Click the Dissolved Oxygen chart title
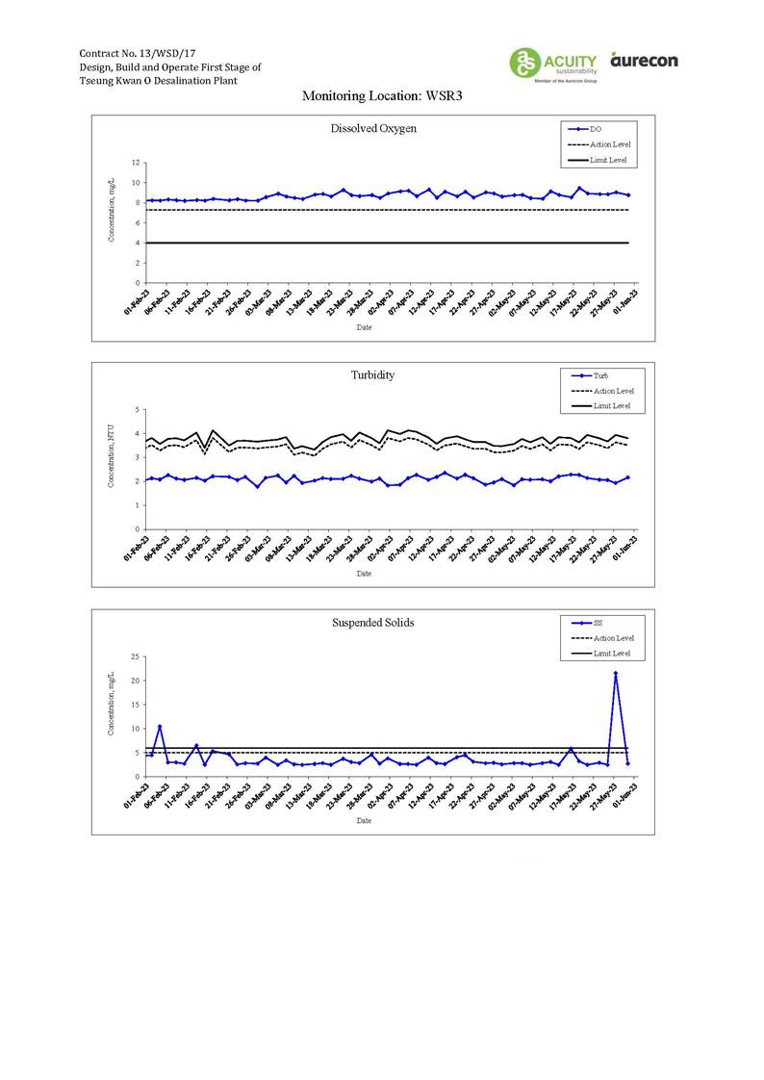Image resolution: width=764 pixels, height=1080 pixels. [x=373, y=129]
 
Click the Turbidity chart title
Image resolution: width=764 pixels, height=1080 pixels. [x=373, y=375]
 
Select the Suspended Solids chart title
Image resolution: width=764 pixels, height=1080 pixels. [x=373, y=623]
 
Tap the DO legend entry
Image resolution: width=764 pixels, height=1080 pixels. [x=596, y=129]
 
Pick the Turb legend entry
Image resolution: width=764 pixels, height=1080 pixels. [x=598, y=375]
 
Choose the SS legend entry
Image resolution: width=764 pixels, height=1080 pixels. [x=598, y=623]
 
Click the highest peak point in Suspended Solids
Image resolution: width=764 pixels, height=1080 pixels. [x=616, y=674]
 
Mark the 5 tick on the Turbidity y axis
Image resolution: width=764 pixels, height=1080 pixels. [x=138, y=409]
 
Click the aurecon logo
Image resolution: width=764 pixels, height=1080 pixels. [x=644, y=61]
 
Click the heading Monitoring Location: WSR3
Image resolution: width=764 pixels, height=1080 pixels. [x=383, y=96]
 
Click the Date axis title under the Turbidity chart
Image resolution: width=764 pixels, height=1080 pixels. [x=364, y=573]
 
